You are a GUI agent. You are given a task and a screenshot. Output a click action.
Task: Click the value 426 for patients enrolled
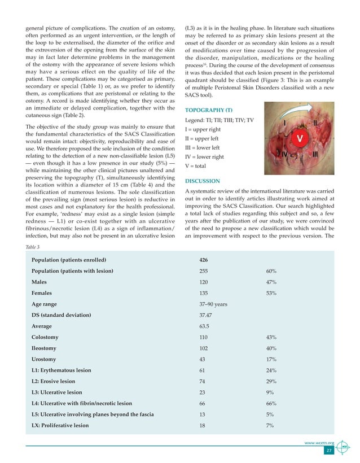pyautogui.click(x=205, y=260)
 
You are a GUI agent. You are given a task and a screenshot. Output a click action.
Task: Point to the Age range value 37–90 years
pyautogui.click(x=213, y=304)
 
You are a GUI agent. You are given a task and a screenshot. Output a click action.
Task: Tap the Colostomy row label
pyautogui.click(x=45, y=337)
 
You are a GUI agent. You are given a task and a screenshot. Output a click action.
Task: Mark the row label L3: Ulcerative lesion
pyautogui.click(x=57, y=392)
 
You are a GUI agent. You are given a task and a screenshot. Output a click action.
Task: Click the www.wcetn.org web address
pyautogui.click(x=320, y=443)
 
